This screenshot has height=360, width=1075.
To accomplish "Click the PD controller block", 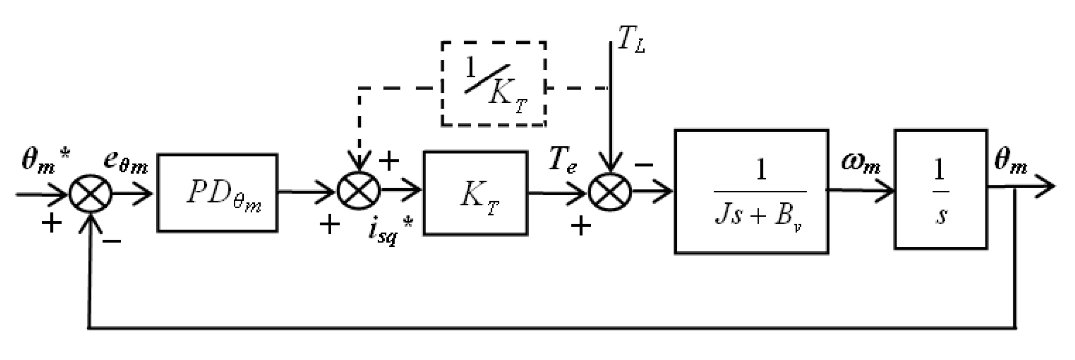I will pyautogui.click(x=217, y=193).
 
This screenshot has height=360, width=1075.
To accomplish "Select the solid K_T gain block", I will pyautogui.click(x=475, y=193).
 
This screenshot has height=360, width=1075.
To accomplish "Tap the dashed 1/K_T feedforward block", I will pyautogui.click(x=494, y=84).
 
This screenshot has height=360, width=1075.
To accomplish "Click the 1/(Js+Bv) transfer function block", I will pyautogui.click(x=751, y=192).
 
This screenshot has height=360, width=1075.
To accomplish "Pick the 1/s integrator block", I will pyautogui.click(x=940, y=189).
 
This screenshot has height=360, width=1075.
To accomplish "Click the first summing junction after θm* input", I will pyautogui.click(x=90, y=194).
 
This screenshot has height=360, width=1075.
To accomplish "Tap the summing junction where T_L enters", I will pyautogui.click(x=610, y=192).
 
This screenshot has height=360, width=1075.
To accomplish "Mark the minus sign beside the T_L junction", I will pyautogui.click(x=643, y=165).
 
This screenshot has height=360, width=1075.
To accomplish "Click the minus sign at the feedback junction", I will pyautogui.click(x=112, y=241).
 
